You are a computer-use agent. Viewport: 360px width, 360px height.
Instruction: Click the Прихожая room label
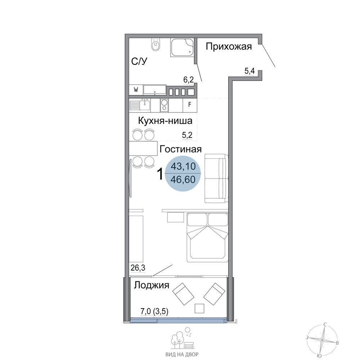tap(229, 46)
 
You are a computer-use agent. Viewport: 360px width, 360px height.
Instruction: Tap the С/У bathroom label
tap(139, 61)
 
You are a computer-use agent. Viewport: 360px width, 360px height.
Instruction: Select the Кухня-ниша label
tap(165, 121)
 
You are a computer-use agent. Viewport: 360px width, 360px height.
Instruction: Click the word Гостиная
tap(180, 149)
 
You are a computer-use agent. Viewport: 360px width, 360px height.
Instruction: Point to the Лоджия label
tap(152, 285)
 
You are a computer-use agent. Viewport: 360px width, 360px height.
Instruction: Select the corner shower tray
tap(183, 47)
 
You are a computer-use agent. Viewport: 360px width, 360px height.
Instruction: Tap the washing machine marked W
tap(136, 90)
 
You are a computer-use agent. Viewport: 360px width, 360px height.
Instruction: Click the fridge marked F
tap(190, 105)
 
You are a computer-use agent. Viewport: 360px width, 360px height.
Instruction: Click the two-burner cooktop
tap(165, 105)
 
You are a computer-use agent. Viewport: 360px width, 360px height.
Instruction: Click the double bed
tap(208, 237)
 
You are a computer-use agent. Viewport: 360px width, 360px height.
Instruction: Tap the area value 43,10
tap(183, 166)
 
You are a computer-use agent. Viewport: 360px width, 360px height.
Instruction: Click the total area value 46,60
tap(183, 179)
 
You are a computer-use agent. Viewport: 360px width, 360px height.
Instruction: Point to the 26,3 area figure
tap(138, 267)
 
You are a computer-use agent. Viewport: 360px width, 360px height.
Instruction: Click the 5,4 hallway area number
tap(249, 71)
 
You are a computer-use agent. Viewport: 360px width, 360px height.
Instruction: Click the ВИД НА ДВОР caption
tap(182, 354)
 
